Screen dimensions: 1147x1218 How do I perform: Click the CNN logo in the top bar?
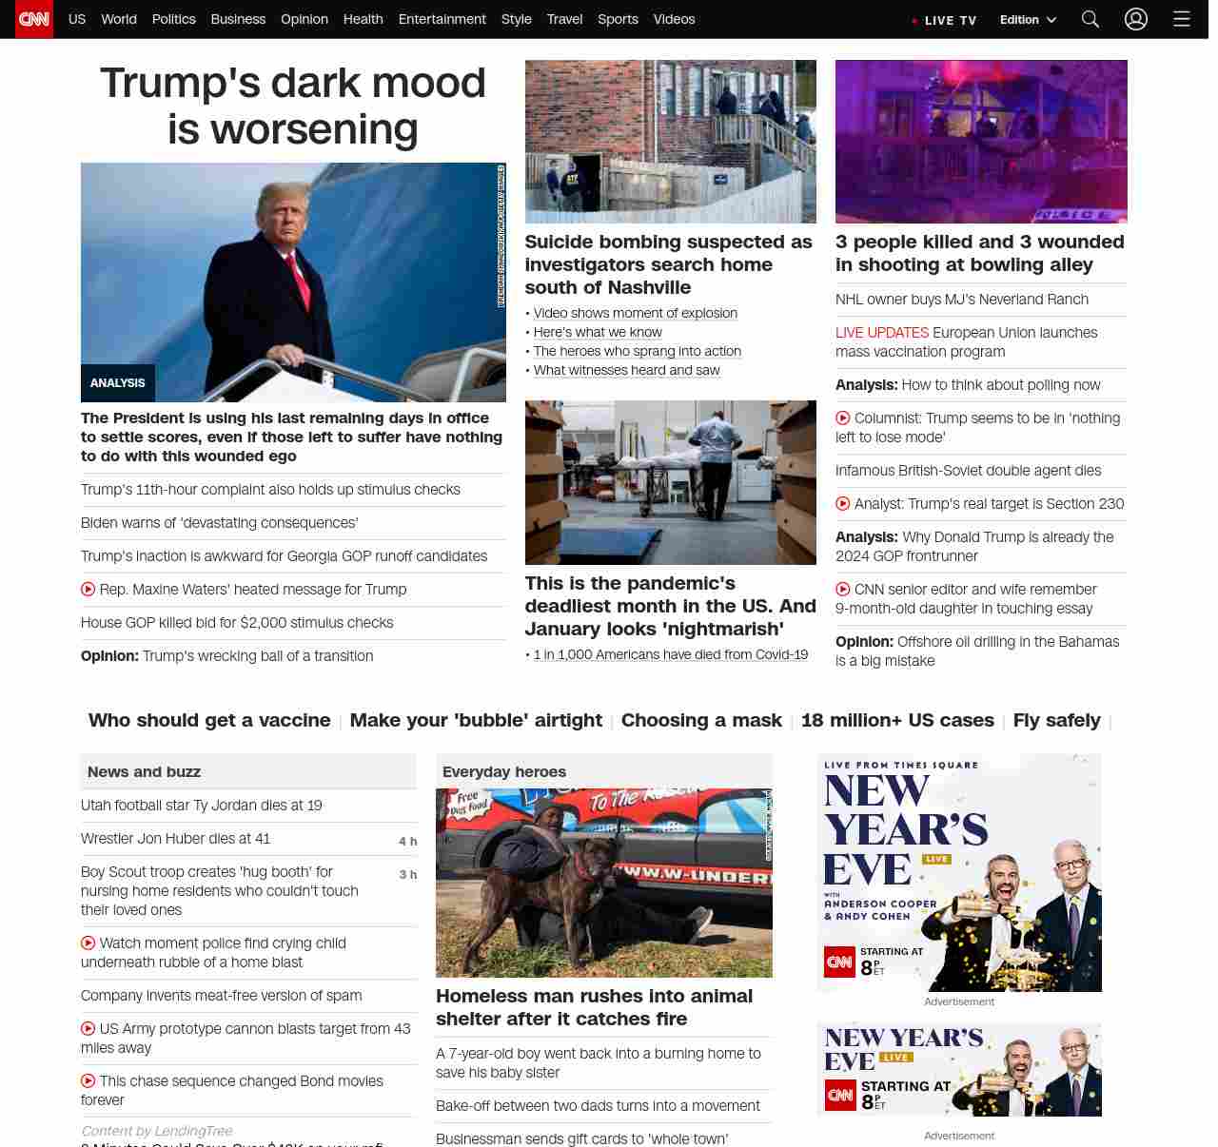click(34, 19)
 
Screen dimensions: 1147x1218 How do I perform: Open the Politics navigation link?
click(173, 19)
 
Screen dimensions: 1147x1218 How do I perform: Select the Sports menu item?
click(618, 19)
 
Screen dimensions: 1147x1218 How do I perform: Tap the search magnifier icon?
click(1090, 19)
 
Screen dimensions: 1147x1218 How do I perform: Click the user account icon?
click(1136, 19)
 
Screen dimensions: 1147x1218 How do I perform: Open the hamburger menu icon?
click(1182, 19)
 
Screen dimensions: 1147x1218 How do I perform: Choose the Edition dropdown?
click(1028, 19)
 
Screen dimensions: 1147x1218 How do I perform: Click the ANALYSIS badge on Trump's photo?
click(117, 383)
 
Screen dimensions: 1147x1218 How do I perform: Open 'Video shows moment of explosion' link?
click(635, 313)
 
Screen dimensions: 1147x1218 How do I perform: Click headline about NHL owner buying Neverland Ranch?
click(961, 300)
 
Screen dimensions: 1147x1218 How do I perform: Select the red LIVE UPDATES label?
click(881, 333)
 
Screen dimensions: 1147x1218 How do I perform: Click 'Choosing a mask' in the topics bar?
click(701, 720)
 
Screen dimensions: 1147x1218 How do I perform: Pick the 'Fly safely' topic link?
click(1056, 720)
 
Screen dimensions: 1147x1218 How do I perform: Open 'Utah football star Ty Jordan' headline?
click(201, 806)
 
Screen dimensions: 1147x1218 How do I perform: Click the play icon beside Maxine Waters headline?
click(88, 590)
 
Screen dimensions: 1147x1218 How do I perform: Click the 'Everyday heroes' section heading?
click(503, 771)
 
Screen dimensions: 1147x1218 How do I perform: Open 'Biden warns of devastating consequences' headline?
click(219, 523)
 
